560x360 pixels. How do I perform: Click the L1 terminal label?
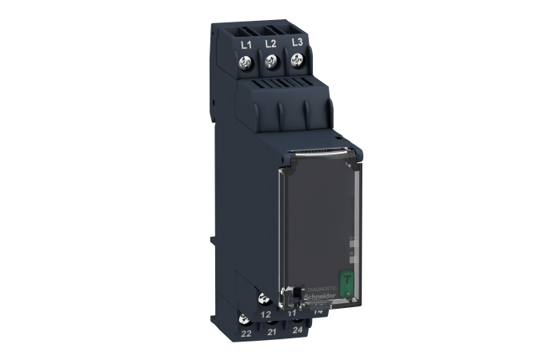pos(246,44)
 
